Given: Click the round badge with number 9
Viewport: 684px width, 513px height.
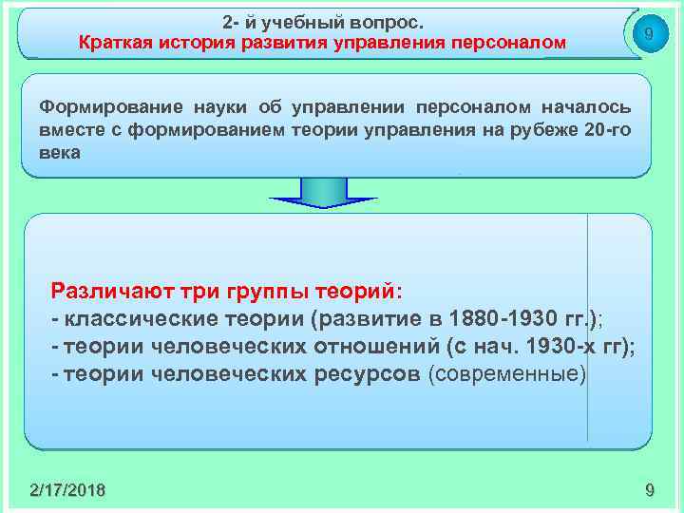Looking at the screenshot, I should tap(647, 35).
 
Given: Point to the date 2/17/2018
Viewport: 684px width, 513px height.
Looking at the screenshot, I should tap(67, 490).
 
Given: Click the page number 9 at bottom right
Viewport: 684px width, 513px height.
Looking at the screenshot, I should tap(649, 490).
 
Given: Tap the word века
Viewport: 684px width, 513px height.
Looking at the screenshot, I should tap(61, 151).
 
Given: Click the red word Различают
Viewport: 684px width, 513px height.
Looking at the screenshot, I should tap(115, 290).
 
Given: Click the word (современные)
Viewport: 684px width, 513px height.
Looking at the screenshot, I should tap(509, 373).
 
